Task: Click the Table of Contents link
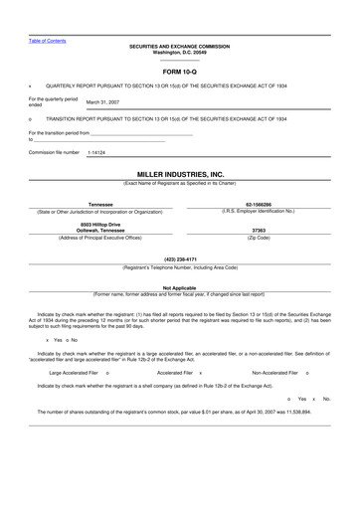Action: [47, 40]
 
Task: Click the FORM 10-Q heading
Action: [180, 74]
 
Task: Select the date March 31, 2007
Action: [103, 102]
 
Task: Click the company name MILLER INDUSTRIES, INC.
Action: [180, 174]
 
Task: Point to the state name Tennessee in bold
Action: [99, 204]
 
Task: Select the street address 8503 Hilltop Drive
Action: [99, 225]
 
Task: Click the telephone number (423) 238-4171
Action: [180, 259]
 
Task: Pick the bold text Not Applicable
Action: [180, 287]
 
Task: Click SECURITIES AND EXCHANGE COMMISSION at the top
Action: [180, 46]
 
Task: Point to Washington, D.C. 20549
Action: [180, 52]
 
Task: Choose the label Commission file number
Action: [54, 153]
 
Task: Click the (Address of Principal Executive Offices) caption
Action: [99, 238]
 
